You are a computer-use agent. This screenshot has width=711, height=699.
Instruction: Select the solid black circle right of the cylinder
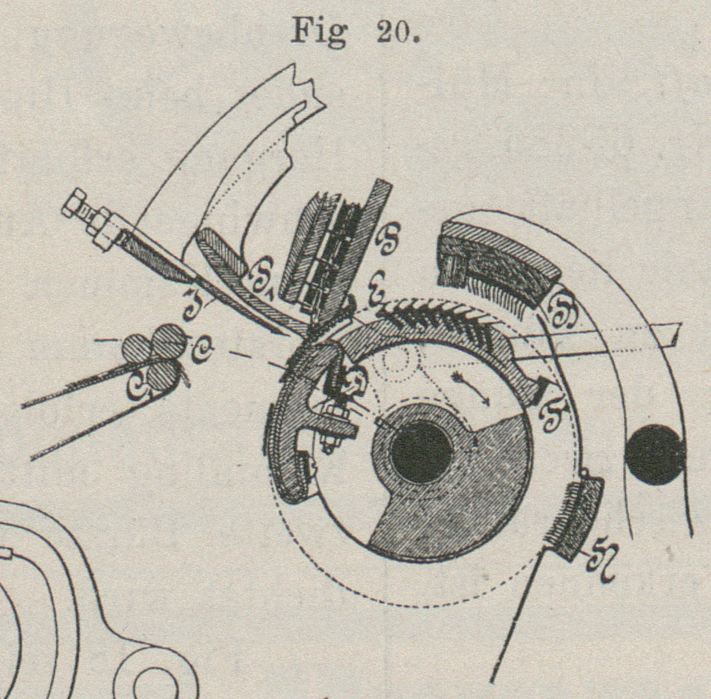tap(654, 454)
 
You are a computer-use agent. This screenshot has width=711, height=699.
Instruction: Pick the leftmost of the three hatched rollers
tap(137, 347)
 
